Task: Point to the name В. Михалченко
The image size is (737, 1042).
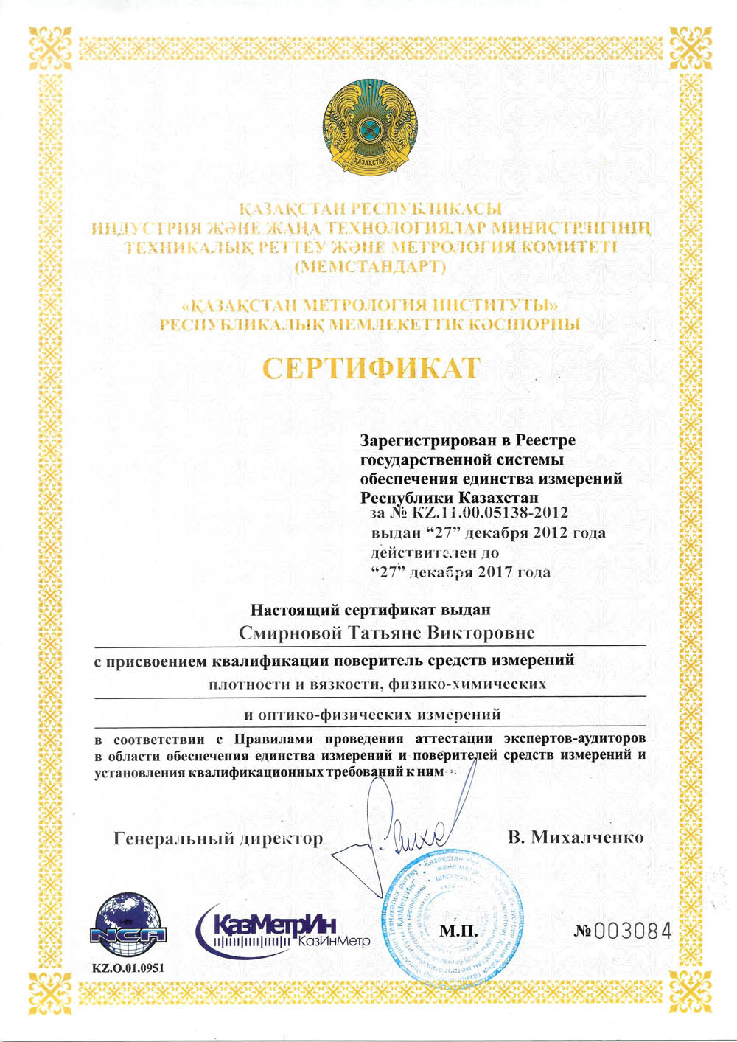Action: [575, 837]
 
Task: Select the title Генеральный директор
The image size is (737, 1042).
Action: [218, 838]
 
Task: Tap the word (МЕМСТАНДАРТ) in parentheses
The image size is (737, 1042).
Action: [370, 267]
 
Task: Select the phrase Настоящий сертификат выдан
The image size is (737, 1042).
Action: [370, 610]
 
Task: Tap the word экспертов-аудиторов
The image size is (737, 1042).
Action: [574, 738]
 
